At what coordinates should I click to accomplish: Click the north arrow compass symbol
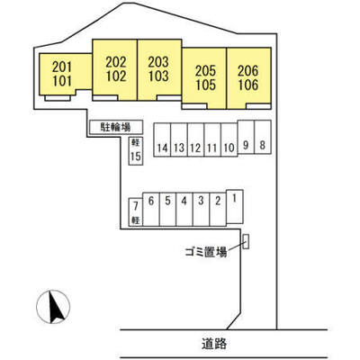pos(53,307)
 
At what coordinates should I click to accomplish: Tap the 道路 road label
pos(214,344)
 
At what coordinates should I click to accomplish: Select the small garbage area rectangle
pos(246,241)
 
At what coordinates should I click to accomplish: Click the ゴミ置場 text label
pos(206,252)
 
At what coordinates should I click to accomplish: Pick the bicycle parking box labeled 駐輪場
pos(116,127)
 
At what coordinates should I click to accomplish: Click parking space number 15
pos(136,151)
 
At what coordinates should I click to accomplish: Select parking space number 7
pos(136,211)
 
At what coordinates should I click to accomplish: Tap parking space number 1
pos(235,206)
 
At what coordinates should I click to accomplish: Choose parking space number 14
pos(162,139)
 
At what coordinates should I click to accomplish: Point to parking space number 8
pos(263,138)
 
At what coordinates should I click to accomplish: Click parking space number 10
pos(229,139)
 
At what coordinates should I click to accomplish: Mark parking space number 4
pos(184,209)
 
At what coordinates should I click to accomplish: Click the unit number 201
pos(62,67)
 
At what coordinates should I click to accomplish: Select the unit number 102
pos(116,76)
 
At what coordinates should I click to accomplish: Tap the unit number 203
pos(158,62)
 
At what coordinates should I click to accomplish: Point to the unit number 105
pos(205,85)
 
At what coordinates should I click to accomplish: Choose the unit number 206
pos(248,71)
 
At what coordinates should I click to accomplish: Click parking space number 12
pos(195,139)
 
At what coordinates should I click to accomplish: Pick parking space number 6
pos(151,209)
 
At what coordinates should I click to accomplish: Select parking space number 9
pos(246,138)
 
